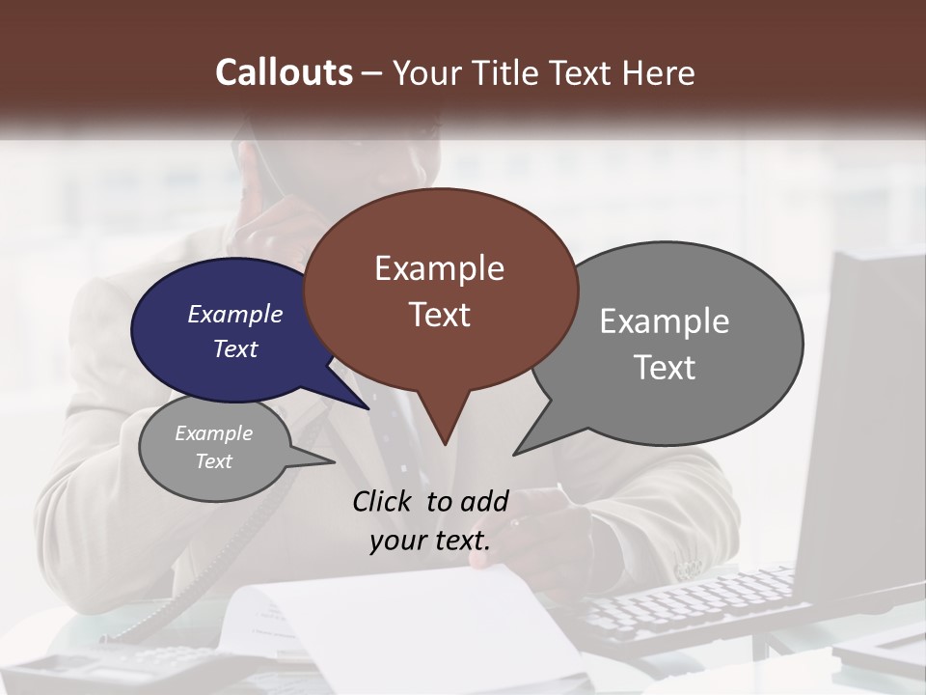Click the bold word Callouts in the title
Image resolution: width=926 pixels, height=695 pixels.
(x=284, y=72)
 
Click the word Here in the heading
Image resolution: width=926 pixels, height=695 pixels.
(x=658, y=72)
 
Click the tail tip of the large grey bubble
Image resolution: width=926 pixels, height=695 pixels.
(x=515, y=454)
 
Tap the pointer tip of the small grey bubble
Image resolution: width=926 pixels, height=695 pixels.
(x=334, y=461)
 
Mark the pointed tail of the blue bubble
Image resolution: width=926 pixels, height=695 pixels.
(x=368, y=408)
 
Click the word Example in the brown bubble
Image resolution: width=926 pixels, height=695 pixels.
(x=439, y=268)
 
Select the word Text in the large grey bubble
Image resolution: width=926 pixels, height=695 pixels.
(x=665, y=368)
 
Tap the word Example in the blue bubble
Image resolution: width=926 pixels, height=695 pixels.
(x=235, y=314)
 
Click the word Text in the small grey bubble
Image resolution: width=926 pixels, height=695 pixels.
(x=214, y=461)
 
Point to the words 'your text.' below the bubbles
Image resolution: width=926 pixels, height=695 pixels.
(x=430, y=541)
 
